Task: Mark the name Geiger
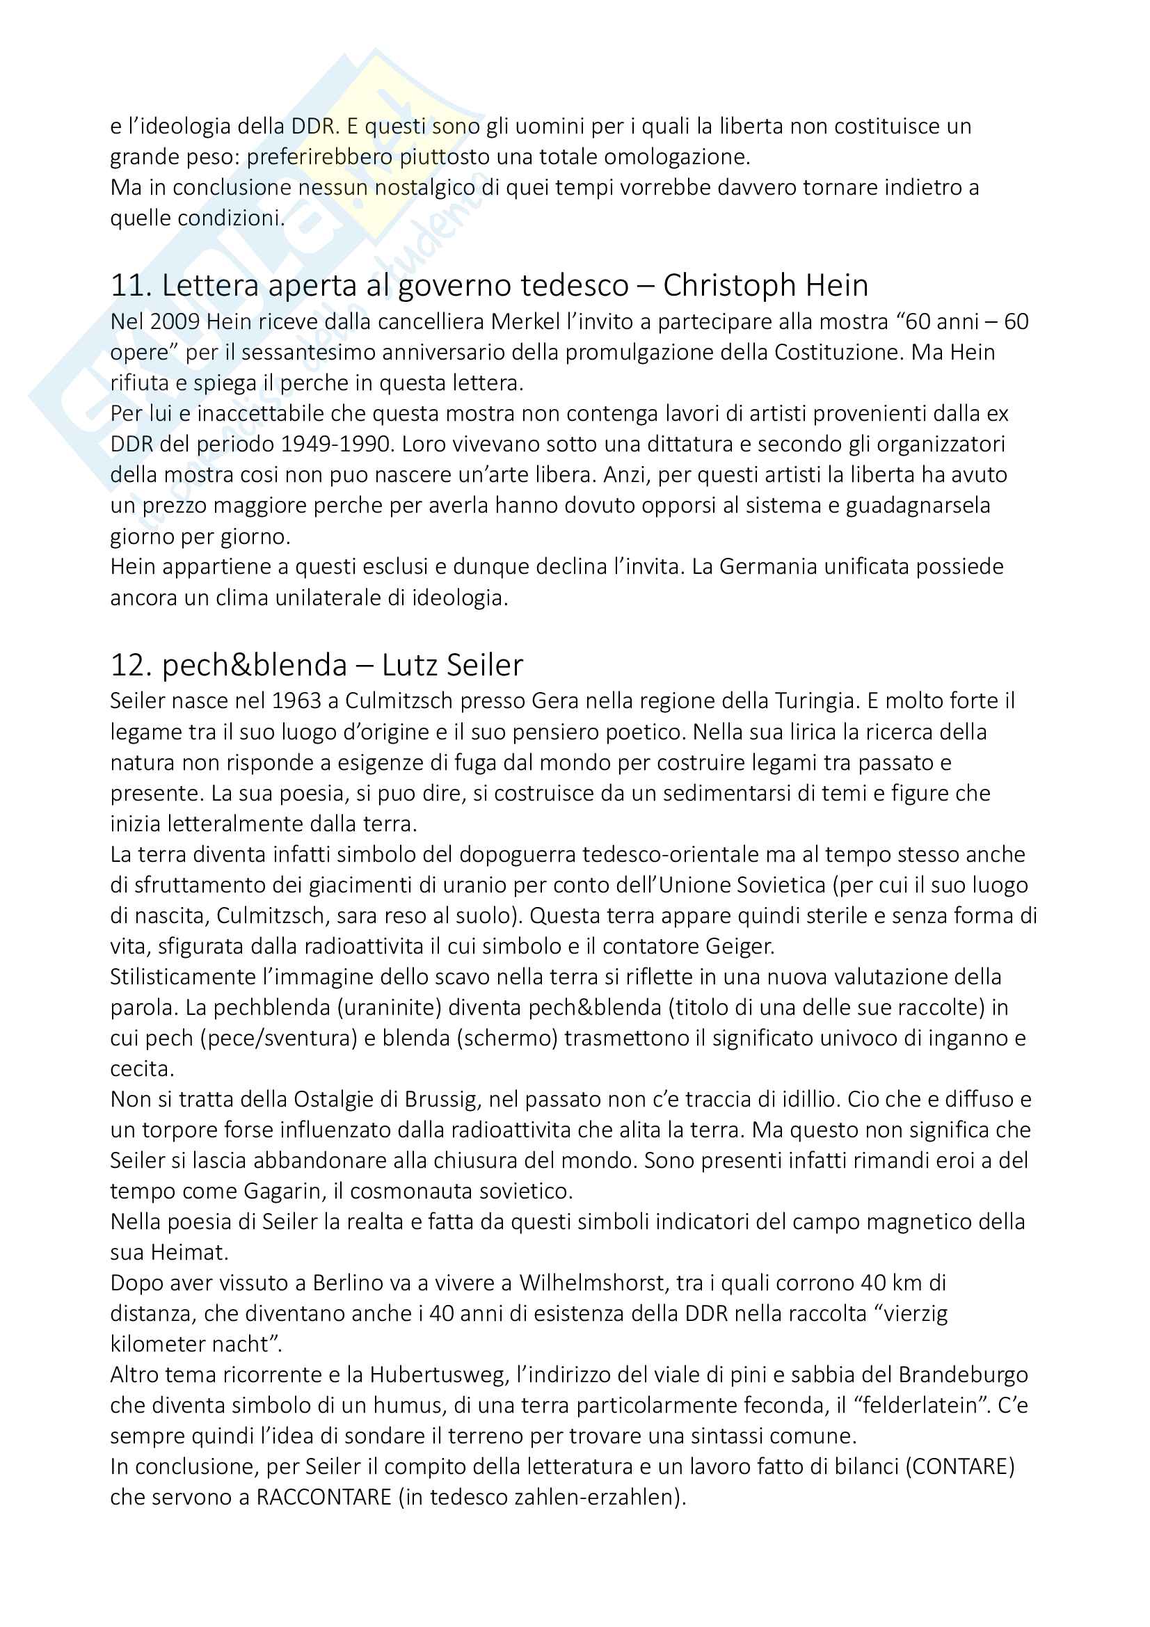(739, 946)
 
